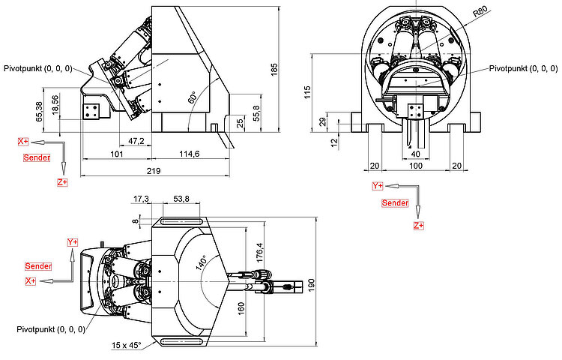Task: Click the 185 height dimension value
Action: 274,70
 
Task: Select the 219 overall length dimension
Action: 153,172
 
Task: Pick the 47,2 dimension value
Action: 136,141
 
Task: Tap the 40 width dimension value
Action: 414,154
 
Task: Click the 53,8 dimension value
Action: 181,199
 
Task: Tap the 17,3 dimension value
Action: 141,199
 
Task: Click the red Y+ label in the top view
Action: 73,242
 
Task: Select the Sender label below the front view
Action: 396,203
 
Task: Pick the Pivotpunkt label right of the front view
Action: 523,67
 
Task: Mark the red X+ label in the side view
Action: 23,141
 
